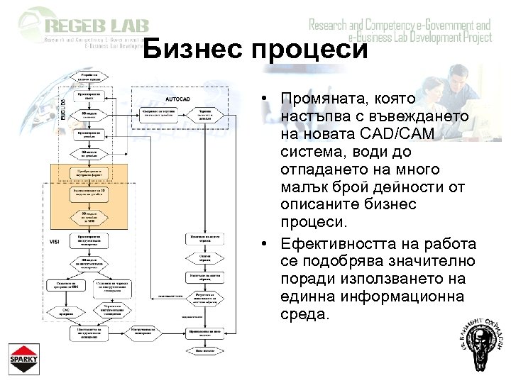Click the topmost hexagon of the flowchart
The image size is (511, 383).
pos(94,75)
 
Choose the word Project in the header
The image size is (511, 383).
pos(472,38)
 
